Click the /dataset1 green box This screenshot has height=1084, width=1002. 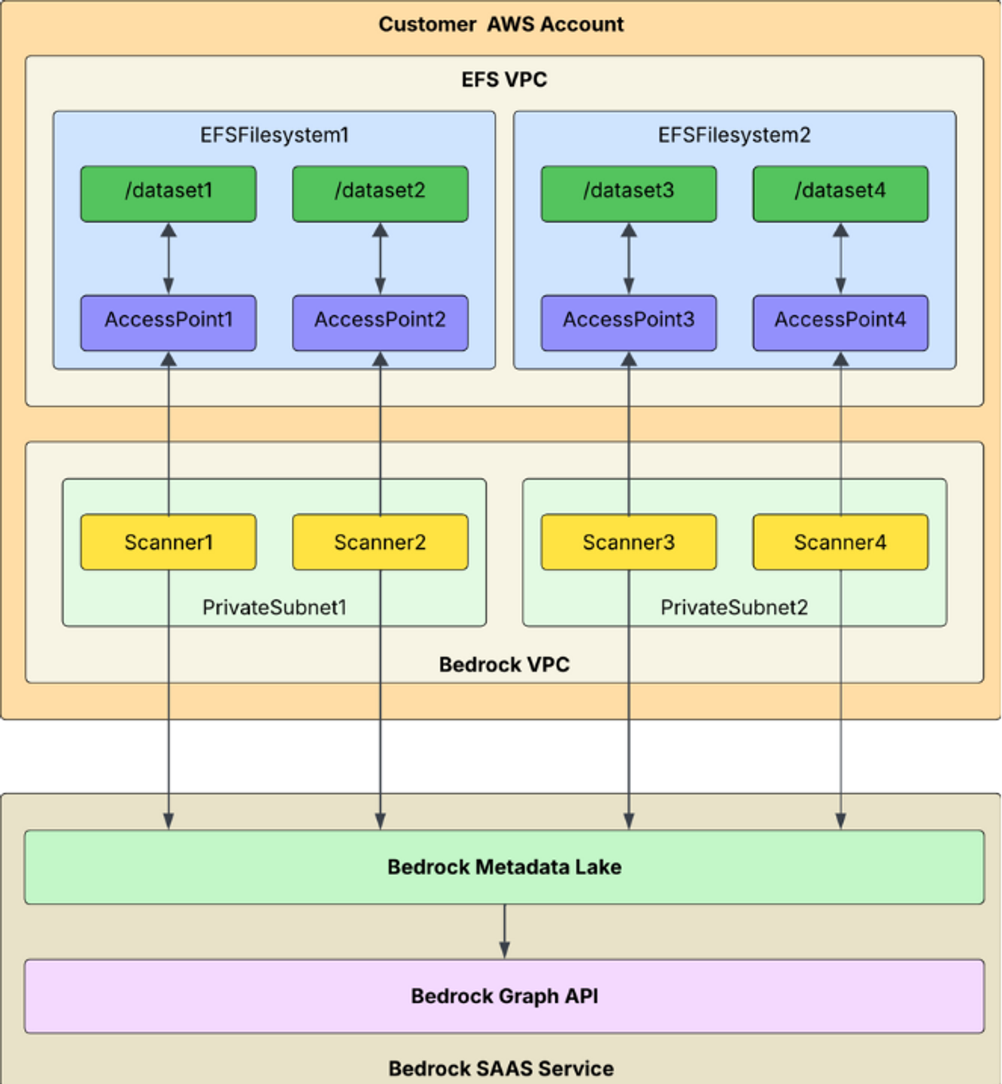click(169, 193)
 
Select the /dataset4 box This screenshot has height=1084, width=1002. click(840, 193)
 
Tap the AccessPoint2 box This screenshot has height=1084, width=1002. click(380, 322)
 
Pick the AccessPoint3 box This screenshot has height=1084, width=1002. click(628, 322)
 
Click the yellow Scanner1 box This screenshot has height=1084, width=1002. click(169, 542)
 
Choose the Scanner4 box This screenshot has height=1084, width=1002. click(840, 542)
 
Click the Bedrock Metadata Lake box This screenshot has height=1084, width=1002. click(504, 866)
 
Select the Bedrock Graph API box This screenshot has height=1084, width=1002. click(504, 996)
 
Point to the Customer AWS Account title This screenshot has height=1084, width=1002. click(501, 25)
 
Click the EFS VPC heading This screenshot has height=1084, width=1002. click(504, 80)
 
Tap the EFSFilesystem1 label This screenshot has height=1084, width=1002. click(274, 135)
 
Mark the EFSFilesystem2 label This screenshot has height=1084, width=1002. click(734, 135)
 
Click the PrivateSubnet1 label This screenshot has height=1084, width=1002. click(274, 607)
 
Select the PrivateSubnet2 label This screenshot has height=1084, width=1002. click(734, 607)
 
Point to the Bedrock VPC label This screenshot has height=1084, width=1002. click(504, 665)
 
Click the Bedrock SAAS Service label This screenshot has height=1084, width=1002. click(501, 1068)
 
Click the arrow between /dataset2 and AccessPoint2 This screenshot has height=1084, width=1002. click(380, 258)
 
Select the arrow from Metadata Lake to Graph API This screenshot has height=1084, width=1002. click(504, 931)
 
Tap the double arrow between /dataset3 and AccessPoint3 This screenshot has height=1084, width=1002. click(629, 258)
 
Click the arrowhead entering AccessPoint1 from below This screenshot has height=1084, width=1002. click(169, 360)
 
